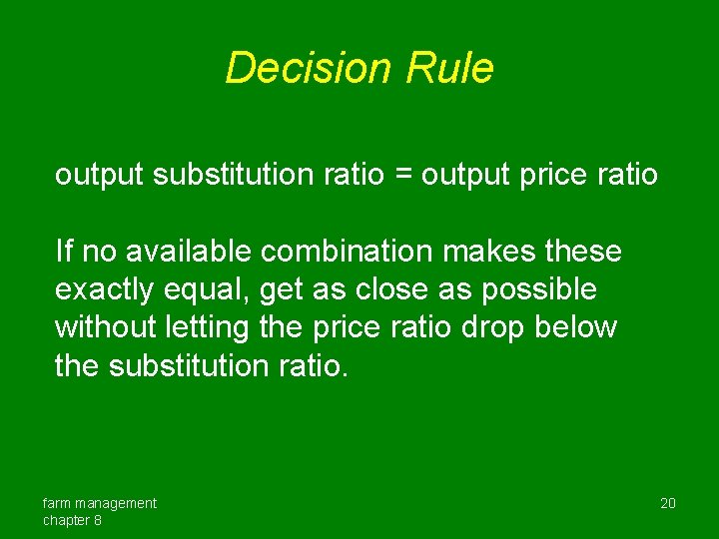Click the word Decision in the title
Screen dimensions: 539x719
coord(310,69)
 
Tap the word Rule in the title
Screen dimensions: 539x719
coord(449,69)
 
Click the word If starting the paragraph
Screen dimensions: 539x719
coord(63,251)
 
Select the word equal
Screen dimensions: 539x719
coord(213,289)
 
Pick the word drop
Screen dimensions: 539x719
coord(493,327)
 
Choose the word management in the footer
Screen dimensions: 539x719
coord(117,503)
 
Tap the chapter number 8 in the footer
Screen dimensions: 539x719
coord(98,520)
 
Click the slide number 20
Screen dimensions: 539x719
coord(668,503)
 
